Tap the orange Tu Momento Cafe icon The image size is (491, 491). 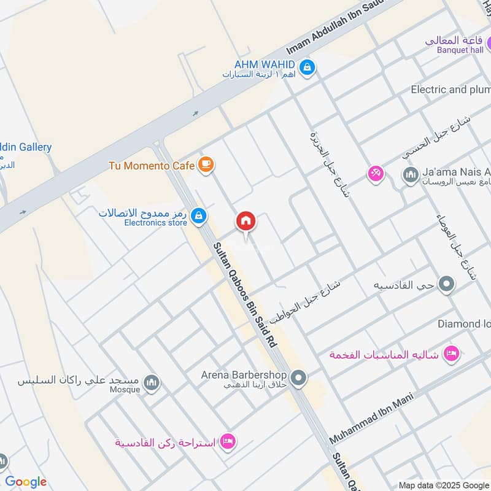coord(206,164)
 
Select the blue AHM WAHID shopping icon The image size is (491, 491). coord(308,65)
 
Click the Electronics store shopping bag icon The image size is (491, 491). coord(198,215)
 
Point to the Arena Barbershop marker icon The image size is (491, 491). coord(299,377)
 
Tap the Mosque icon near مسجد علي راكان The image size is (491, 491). coord(151,384)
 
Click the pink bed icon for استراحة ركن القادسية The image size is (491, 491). coord(228,441)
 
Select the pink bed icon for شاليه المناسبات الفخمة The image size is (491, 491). coord(452,354)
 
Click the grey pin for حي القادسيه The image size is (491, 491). coord(447,285)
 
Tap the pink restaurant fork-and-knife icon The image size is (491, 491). coord(375,174)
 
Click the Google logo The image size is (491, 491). coord(26,482)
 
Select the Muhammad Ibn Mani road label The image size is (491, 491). coord(372,419)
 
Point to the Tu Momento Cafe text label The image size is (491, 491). coord(152,165)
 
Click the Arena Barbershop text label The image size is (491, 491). coord(244,374)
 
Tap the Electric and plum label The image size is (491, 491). coord(450,90)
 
